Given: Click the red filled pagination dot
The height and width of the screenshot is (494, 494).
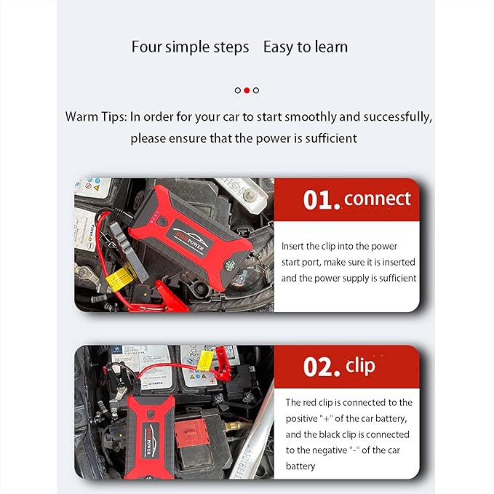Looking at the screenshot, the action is coord(247,90).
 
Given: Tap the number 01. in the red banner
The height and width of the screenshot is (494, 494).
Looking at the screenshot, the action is coord(322,200).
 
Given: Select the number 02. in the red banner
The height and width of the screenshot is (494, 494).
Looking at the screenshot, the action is coord(322,367).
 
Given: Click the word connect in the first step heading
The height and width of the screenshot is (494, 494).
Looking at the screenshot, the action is coord(378,199).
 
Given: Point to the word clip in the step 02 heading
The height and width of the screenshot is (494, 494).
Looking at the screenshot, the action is coord(360,366).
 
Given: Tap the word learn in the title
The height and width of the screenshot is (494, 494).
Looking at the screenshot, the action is coord(332,47).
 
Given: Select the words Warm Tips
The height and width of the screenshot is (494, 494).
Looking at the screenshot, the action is coord(96,117).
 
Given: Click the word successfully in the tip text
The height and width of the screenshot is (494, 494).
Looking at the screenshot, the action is coord(397,117).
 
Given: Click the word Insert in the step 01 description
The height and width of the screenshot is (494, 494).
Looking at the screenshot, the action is coord(292,246).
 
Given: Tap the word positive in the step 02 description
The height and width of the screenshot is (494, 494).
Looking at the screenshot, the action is coord(301,419).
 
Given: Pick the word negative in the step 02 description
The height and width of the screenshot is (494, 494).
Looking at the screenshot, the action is coord(332,450).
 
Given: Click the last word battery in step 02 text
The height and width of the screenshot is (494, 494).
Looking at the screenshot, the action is coord(300,466).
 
